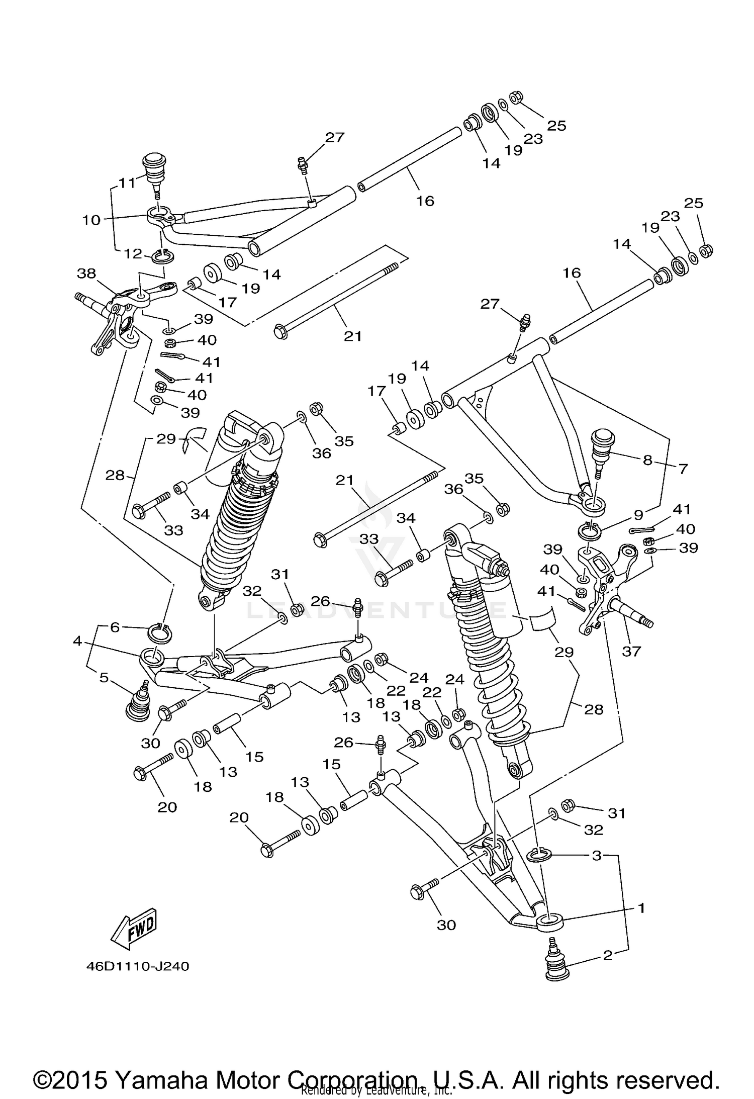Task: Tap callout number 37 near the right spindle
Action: click(631, 651)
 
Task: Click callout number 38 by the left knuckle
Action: click(86, 273)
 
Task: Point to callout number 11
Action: click(127, 182)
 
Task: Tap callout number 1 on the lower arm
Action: click(641, 908)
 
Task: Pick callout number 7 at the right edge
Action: click(683, 469)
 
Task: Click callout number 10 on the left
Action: click(91, 220)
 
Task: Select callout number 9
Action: click(638, 515)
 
